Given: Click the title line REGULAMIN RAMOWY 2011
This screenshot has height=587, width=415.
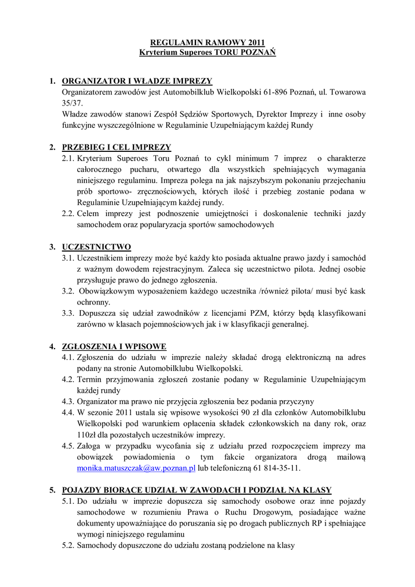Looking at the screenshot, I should point(207,42).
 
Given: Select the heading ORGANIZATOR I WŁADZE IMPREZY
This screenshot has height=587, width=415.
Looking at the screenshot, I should point(137,81).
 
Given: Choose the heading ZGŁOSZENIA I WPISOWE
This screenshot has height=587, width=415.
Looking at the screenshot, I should point(114,347).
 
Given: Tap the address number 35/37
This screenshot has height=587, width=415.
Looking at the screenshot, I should point(72,103).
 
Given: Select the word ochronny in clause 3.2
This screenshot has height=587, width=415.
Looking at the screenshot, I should point(93,302).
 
